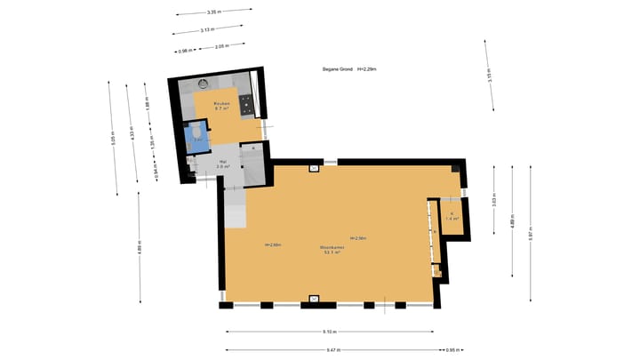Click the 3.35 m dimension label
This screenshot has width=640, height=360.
coord(212,12)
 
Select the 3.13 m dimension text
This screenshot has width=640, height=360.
coord(205,30)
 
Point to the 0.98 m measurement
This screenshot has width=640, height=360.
coord(186,51)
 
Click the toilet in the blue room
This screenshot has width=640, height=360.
coord(196,136)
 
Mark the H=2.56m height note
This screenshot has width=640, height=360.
coord(358,238)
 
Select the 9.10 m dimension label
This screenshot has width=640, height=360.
coord(329,332)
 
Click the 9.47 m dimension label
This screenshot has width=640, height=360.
coord(331,349)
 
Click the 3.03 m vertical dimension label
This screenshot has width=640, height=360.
coord(493,201)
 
